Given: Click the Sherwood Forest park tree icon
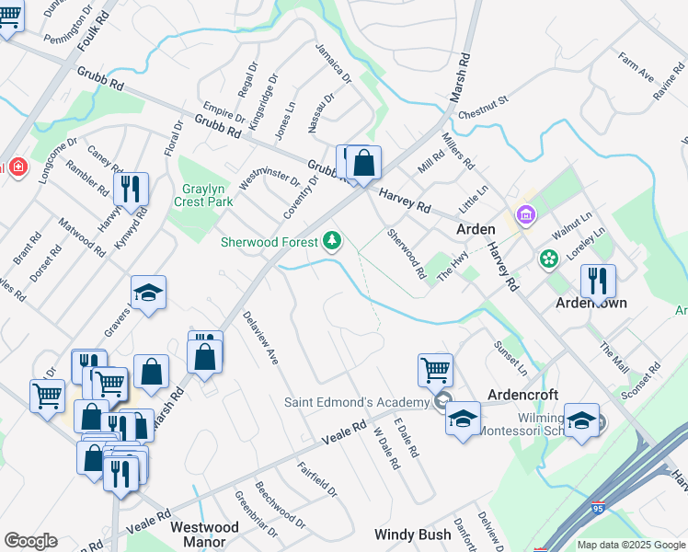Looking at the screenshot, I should (331, 242).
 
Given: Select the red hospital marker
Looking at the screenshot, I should (19, 167).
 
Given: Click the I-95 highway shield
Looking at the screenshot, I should (598, 507).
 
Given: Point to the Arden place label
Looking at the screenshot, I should (476, 229).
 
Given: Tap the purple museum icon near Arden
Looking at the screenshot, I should (525, 216).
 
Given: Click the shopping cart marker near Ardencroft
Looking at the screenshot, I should (435, 370).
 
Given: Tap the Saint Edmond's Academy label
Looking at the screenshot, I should (356, 402).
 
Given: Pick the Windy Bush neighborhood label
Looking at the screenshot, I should (412, 535).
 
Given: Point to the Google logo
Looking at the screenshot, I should (30, 541).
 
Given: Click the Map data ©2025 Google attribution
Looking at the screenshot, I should (629, 545).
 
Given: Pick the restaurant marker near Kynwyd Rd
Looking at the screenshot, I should (133, 189).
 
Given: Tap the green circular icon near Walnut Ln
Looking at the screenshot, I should (549, 259).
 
